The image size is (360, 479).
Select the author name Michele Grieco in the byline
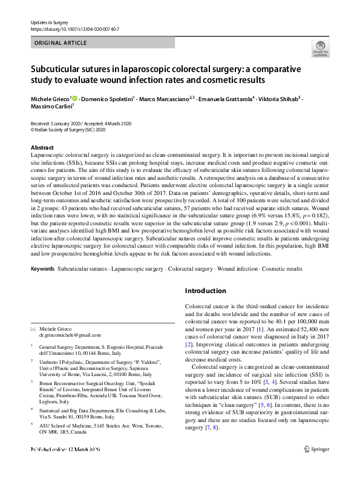[x=50, y=97]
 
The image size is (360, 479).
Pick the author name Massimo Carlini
[x=50, y=105]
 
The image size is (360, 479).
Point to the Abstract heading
[x=42, y=147]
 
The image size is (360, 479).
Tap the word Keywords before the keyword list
[x=43, y=267]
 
